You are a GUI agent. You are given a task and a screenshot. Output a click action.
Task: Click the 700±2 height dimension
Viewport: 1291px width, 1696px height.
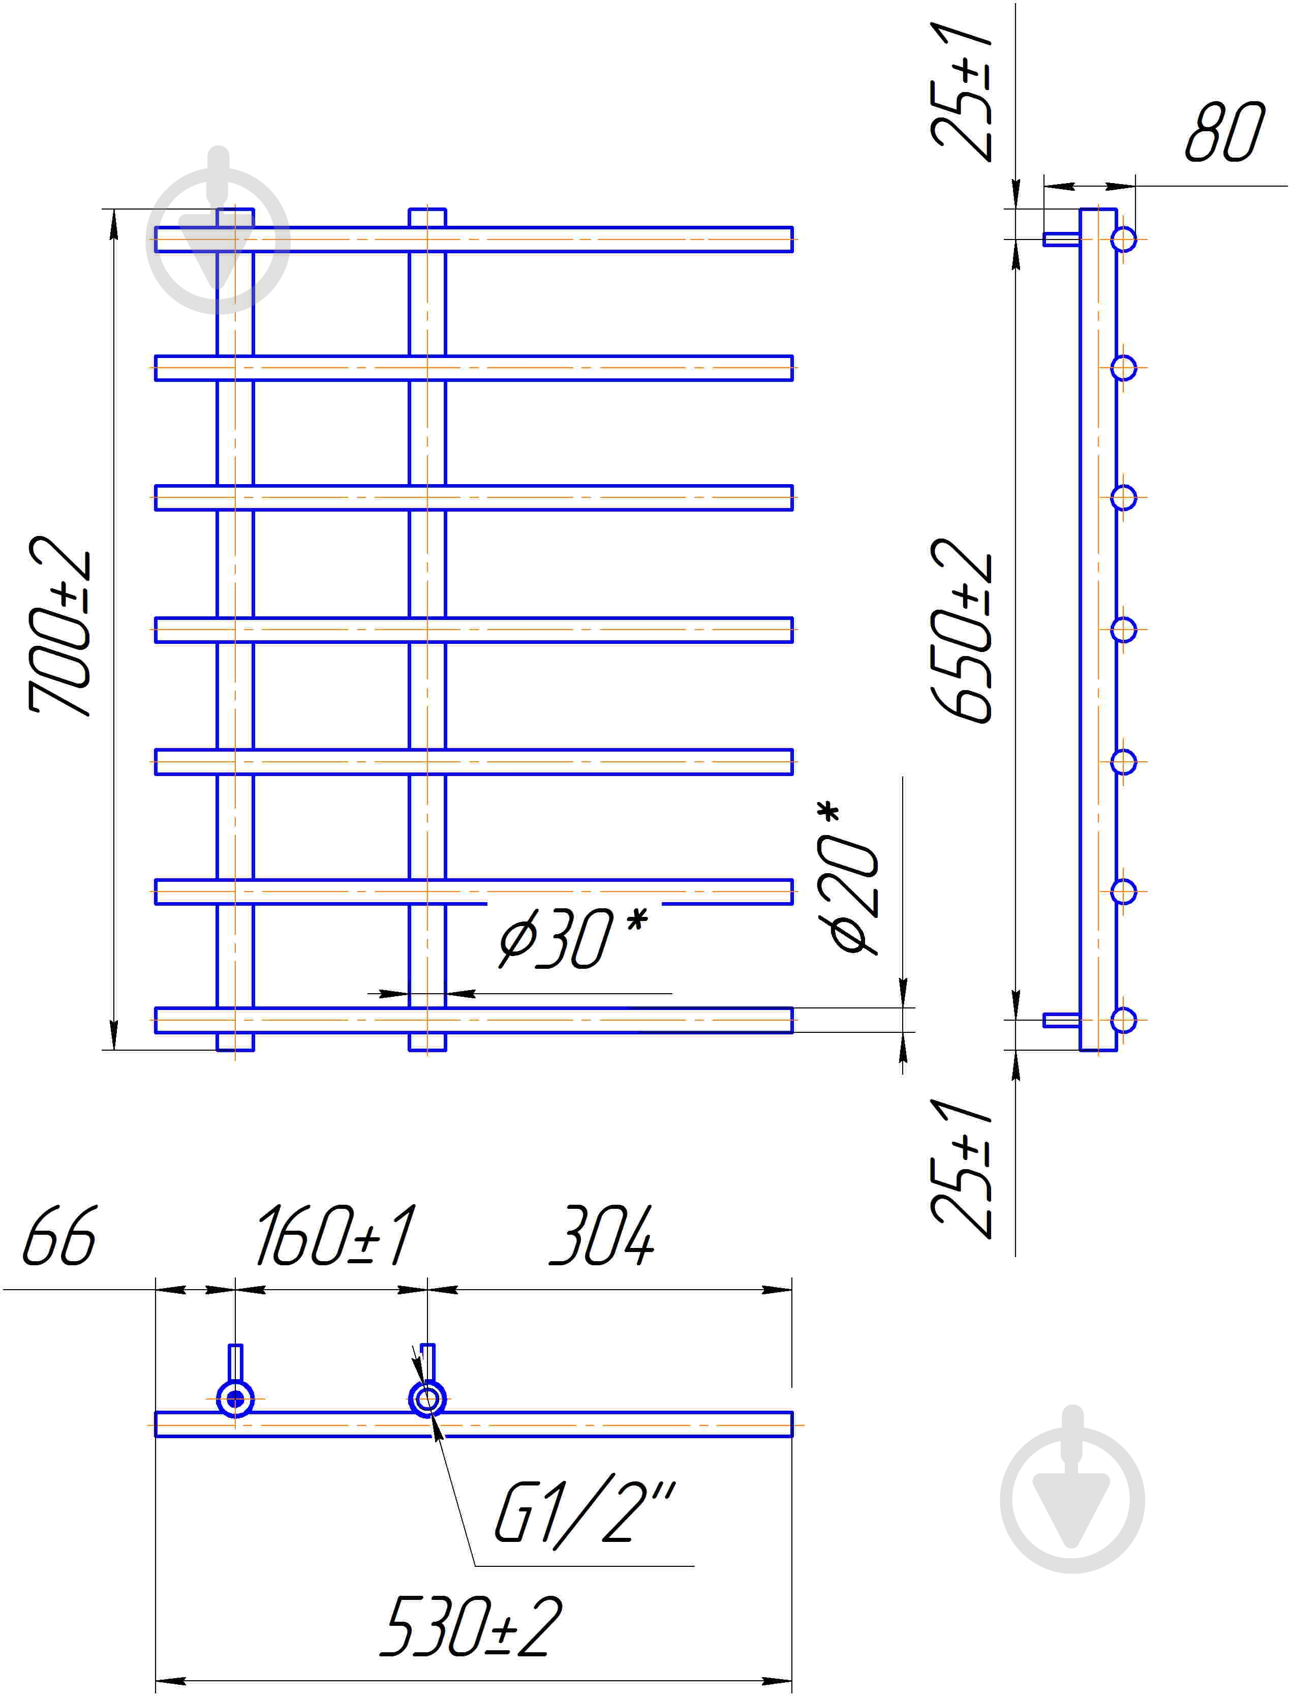click(x=60, y=627)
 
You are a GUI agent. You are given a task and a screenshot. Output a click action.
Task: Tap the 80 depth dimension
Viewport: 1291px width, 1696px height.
click(x=1225, y=132)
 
